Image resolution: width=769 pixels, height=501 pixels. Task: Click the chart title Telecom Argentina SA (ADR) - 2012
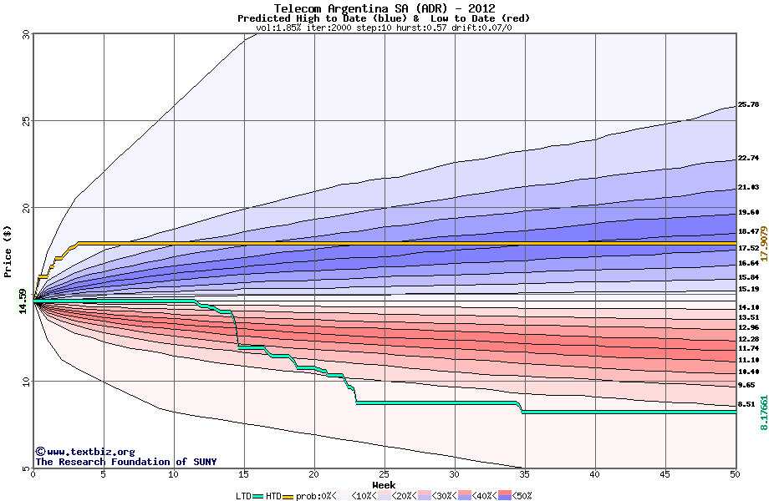[x=384, y=8]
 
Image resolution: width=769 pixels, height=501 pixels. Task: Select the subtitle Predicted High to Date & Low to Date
[x=384, y=18]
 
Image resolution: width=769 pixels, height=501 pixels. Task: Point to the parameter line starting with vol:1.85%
[x=384, y=28]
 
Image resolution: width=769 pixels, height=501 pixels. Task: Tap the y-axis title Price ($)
[x=8, y=250]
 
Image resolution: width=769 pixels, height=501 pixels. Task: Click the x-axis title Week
[x=384, y=484]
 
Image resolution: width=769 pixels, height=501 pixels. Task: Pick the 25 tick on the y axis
[x=25, y=121]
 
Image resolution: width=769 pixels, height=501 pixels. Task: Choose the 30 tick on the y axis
[x=25, y=34]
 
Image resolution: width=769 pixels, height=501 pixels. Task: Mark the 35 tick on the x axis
[x=525, y=474]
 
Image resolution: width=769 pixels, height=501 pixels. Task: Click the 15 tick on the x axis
[x=244, y=474]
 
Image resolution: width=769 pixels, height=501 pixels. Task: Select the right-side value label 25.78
[x=748, y=105]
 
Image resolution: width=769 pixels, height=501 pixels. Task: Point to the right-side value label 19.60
[x=748, y=213]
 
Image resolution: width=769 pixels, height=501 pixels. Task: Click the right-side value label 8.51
[x=746, y=404]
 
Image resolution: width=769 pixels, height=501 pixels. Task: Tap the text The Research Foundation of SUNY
[x=125, y=462]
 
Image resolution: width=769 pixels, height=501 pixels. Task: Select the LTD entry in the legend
[x=243, y=495]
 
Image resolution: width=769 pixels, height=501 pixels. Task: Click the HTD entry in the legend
[x=272, y=495]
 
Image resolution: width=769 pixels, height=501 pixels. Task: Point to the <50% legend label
[x=520, y=495]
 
